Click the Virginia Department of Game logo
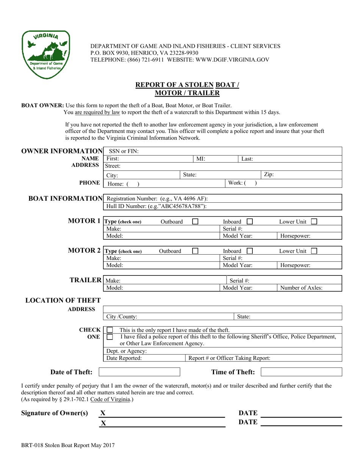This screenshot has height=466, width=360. point(46,55)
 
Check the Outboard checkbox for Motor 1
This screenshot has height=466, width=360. point(195,222)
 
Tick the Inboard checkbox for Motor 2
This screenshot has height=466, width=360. point(250,251)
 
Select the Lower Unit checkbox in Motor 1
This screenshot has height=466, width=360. point(314,222)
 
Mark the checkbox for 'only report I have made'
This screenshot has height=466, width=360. point(110,330)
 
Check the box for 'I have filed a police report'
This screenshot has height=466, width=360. point(110,337)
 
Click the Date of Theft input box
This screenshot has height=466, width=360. point(139,372)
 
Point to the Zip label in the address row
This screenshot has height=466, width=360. point(269,175)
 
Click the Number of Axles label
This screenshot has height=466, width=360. point(301,288)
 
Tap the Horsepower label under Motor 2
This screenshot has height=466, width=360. point(295,266)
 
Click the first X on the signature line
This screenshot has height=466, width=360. point(103,413)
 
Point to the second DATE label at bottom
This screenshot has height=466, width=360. point(248,422)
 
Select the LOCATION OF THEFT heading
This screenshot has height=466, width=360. point(63,300)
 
